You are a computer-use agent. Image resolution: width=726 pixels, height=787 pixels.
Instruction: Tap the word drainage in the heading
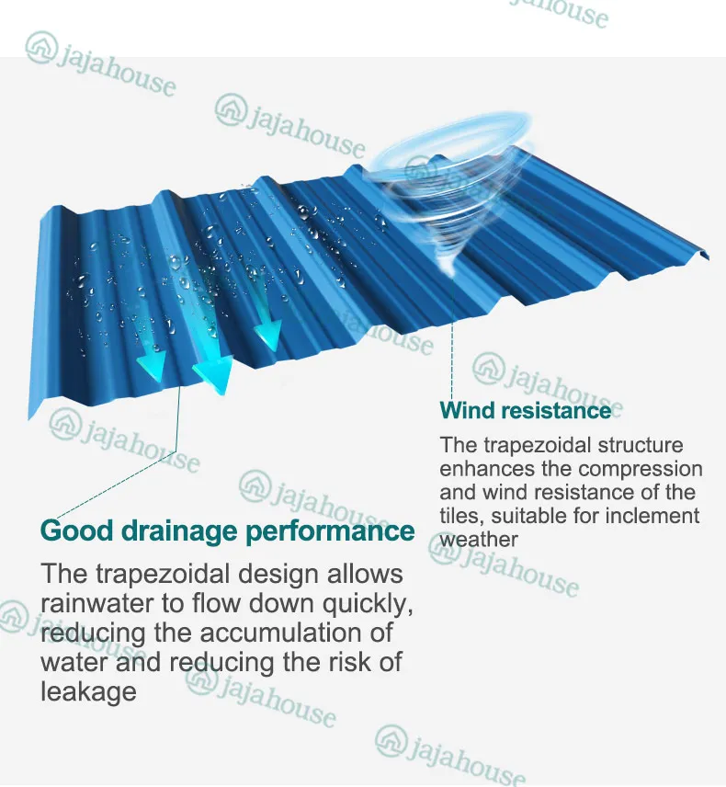tap(173, 531)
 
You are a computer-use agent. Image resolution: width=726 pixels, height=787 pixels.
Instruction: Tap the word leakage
tap(88, 690)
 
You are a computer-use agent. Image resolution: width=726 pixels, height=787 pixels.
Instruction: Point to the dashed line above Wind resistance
tap(452, 363)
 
